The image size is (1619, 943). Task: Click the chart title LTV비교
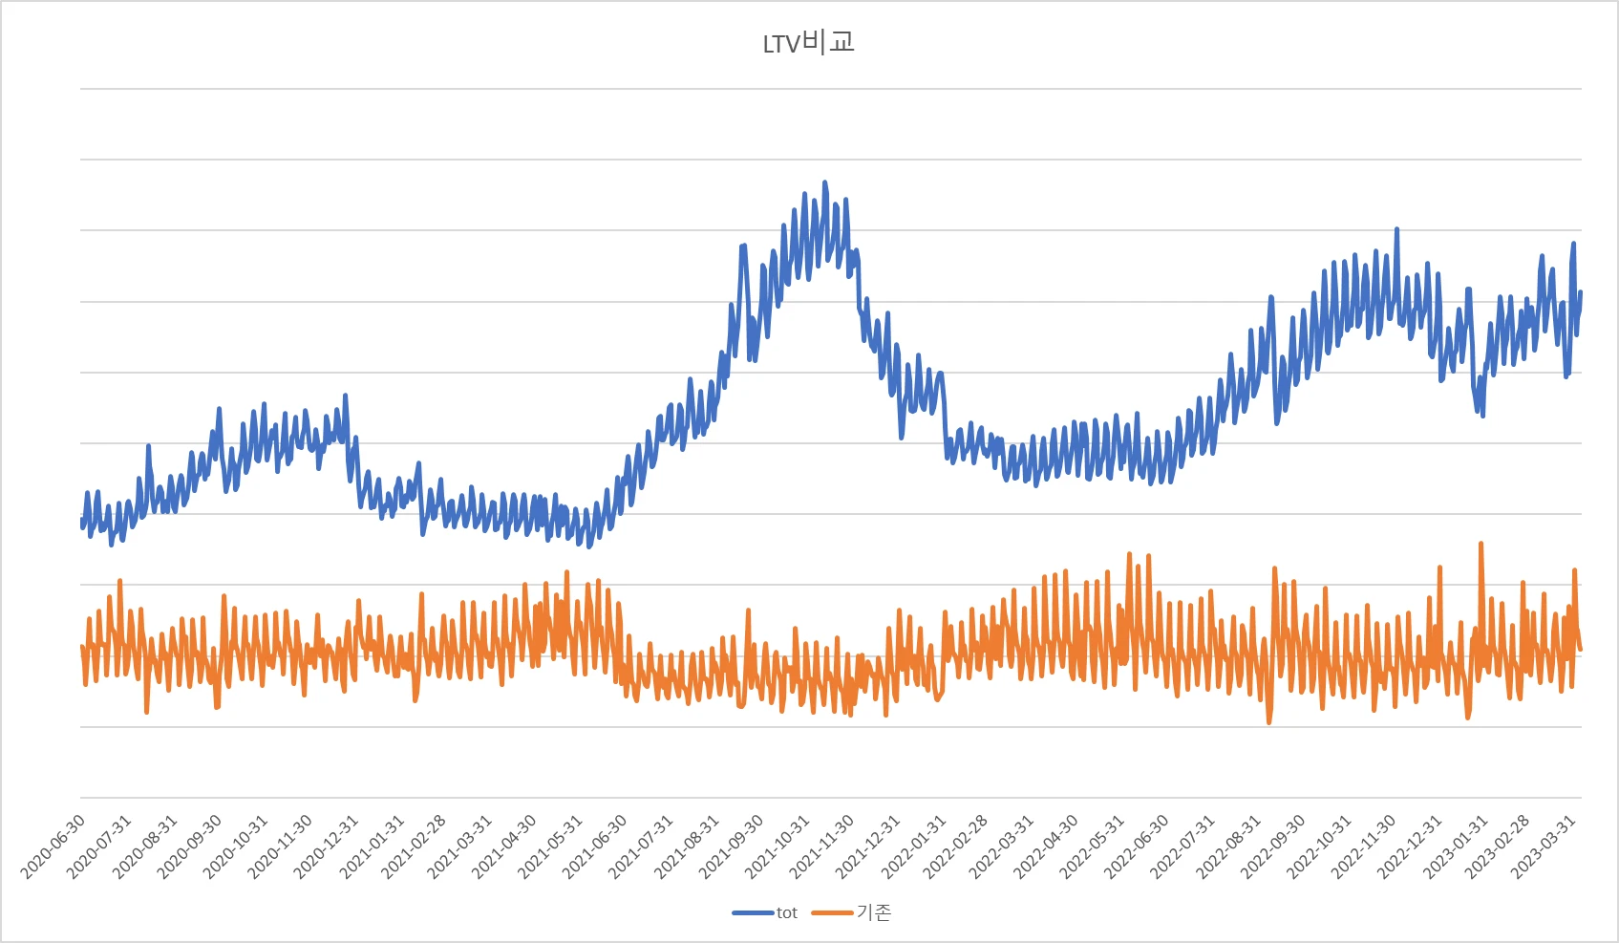[x=808, y=43]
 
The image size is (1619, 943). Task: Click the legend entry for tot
[x=786, y=913]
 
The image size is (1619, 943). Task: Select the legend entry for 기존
[x=874, y=913]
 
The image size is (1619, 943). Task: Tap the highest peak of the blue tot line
[x=825, y=182]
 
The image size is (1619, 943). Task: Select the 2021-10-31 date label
[x=779, y=847]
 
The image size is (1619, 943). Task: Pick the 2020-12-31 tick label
[x=328, y=847]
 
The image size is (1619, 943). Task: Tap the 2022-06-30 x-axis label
[x=1138, y=847]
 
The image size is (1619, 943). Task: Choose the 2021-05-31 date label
[x=552, y=847]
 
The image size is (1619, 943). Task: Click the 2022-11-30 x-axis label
[x=1365, y=847]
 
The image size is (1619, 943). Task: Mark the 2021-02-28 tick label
[x=415, y=847]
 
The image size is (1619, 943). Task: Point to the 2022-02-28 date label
[x=957, y=847]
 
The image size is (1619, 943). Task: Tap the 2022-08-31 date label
[x=1229, y=847]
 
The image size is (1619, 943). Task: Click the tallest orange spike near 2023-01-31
[x=1481, y=544]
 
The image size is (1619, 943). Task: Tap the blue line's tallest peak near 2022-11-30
[x=1396, y=229]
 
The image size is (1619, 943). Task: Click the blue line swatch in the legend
[x=753, y=913]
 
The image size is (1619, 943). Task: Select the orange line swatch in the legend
[x=832, y=913]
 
